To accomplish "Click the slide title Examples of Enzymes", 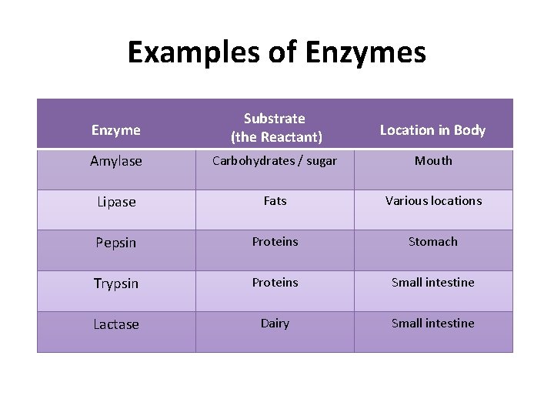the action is pyautogui.click(x=276, y=52).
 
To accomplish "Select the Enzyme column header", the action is pyautogui.click(x=116, y=130).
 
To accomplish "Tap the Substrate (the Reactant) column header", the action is pyautogui.click(x=275, y=128).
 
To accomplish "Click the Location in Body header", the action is pyautogui.click(x=432, y=130).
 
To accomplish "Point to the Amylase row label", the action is pyautogui.click(x=116, y=161).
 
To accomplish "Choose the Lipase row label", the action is pyautogui.click(x=116, y=202).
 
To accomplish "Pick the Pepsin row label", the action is pyautogui.click(x=116, y=243).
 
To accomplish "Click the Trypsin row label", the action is pyautogui.click(x=116, y=283).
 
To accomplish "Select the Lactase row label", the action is pyautogui.click(x=116, y=324).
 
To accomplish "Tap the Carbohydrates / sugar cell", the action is pyautogui.click(x=275, y=161).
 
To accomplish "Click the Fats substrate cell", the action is pyautogui.click(x=275, y=201).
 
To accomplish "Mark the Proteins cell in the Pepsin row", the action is pyautogui.click(x=275, y=242).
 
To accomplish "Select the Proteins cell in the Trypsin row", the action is pyautogui.click(x=275, y=283).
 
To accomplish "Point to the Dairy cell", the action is pyautogui.click(x=275, y=324).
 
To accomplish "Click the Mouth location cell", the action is pyautogui.click(x=433, y=160).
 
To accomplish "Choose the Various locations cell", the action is pyautogui.click(x=433, y=201).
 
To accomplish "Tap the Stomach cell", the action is pyautogui.click(x=433, y=242).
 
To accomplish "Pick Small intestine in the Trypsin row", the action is pyautogui.click(x=433, y=283).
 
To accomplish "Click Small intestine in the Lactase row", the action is pyautogui.click(x=433, y=324).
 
